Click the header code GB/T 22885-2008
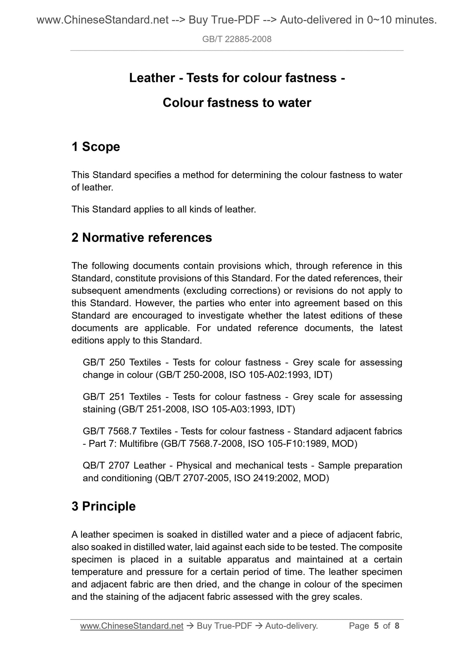tap(237, 39)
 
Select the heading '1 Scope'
tap(96, 147)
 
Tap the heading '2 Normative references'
tap(142, 237)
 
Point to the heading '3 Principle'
tap(103, 506)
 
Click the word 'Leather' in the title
tap(152, 78)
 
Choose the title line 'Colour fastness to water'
tap(237, 103)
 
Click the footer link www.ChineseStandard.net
tap(132, 626)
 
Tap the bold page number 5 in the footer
tap(376, 626)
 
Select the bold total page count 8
tap(397, 626)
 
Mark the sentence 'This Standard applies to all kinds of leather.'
tap(164, 209)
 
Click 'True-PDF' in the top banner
tap(233, 20)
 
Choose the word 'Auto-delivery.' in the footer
tap(292, 626)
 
